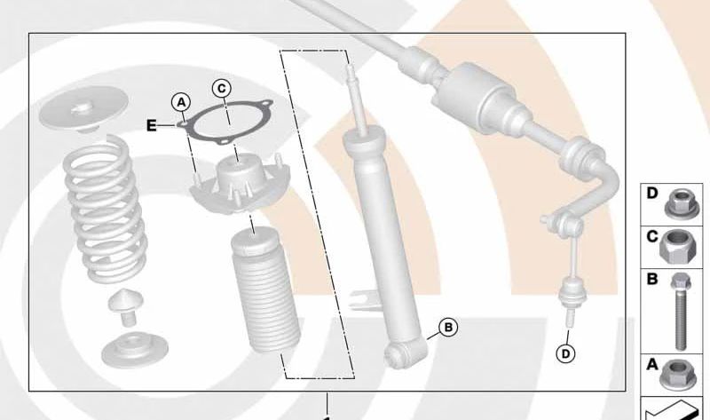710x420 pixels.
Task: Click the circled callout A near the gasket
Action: pos(181,103)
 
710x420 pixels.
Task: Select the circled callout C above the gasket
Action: pos(221,88)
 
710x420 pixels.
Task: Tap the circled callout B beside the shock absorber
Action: pos(448,327)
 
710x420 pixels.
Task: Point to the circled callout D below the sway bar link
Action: pos(565,353)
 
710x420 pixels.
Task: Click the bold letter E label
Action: pos(152,125)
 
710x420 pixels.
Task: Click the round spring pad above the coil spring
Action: pos(83,109)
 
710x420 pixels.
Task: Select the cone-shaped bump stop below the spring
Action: pos(126,307)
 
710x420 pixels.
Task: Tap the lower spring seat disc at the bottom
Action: pos(135,350)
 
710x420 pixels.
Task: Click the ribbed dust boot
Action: pos(265,291)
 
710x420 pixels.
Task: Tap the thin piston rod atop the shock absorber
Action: pos(357,99)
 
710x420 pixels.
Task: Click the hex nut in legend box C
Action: pos(678,246)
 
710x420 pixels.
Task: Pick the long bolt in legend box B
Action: pos(680,312)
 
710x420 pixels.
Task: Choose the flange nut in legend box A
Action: pos(678,375)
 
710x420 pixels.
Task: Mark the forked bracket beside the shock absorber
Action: pos(365,299)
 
